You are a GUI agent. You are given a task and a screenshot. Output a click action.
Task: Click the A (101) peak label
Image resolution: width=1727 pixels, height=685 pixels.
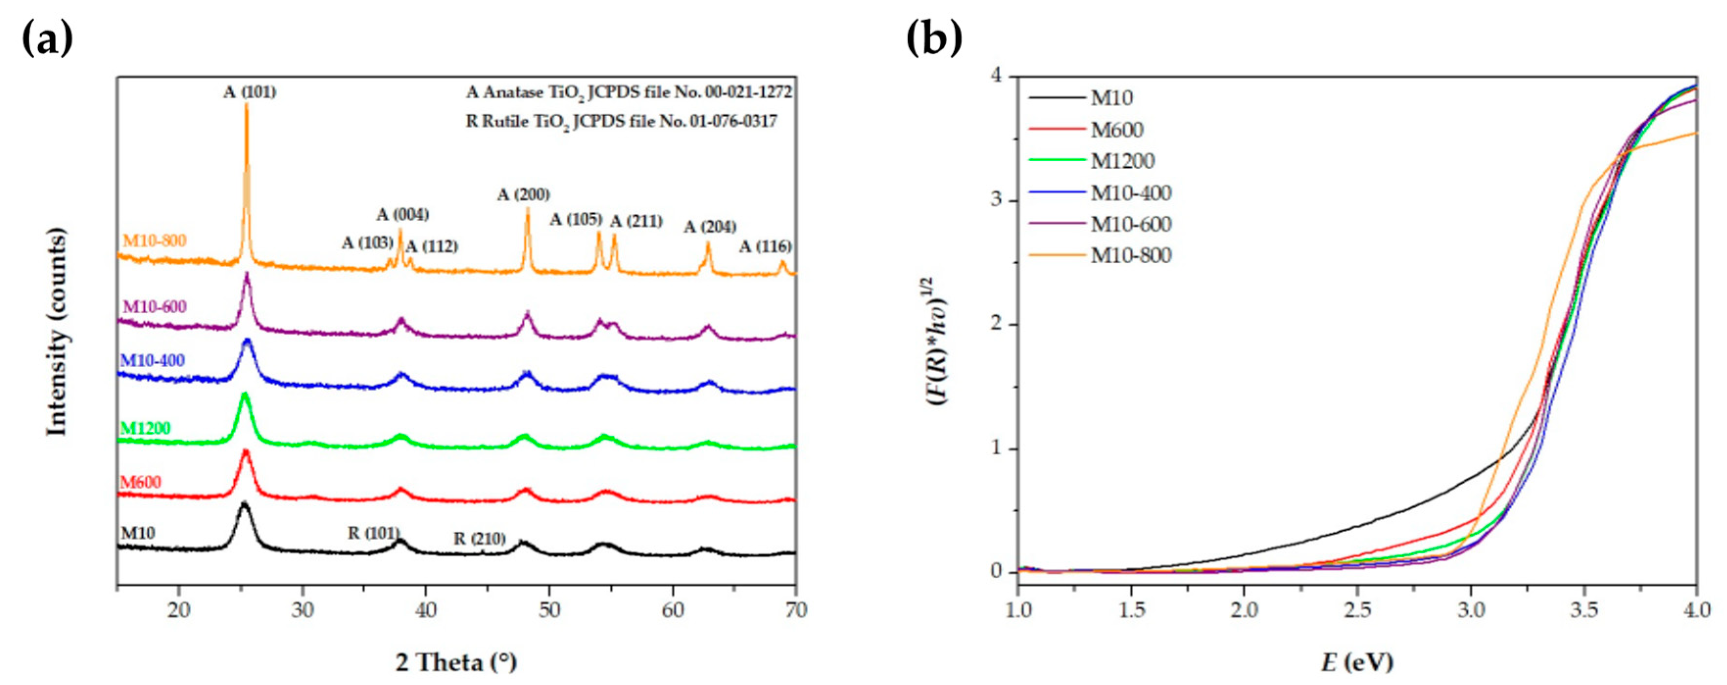(x=249, y=92)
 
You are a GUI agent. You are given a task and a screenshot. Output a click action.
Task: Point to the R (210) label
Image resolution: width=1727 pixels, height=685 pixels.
(x=479, y=539)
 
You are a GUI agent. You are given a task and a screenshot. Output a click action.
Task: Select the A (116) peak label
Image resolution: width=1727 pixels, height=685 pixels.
(x=765, y=247)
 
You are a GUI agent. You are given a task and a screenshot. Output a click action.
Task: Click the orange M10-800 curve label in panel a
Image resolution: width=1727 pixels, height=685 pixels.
(x=154, y=240)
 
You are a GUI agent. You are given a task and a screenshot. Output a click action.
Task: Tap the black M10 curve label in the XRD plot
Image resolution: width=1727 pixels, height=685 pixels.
(x=138, y=533)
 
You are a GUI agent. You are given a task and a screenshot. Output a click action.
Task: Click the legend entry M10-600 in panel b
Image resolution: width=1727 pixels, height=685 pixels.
(x=1130, y=224)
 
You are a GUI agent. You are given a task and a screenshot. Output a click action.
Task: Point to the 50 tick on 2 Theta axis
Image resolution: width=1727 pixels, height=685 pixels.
(x=549, y=610)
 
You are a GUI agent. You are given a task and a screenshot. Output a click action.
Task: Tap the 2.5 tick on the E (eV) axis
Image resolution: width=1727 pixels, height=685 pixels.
(x=1357, y=610)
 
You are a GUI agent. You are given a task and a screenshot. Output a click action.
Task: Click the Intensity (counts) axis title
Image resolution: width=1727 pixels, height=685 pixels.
(x=58, y=331)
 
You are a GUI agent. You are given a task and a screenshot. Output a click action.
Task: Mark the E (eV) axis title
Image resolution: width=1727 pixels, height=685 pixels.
(x=1357, y=662)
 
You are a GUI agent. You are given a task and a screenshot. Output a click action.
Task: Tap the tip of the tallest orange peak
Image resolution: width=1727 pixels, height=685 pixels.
(x=246, y=105)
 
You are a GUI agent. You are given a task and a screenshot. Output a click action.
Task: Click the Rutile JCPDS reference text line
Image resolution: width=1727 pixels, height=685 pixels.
(x=622, y=121)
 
